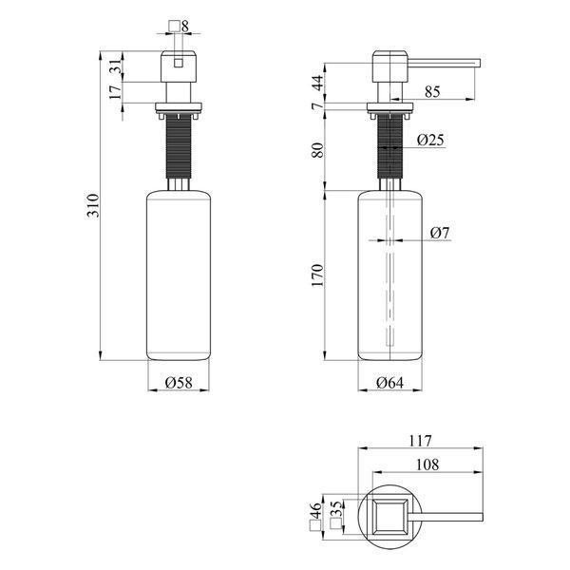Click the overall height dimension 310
coord(93,206)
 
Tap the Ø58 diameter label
coord(179,383)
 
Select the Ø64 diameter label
coord(390,383)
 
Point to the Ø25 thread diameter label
coord(430,140)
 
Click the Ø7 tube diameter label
coord(440,233)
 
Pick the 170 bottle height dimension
coord(317,275)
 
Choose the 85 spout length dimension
coord(432,91)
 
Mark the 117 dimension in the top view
coord(421,441)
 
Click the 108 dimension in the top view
coord(427,465)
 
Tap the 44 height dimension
coord(317,83)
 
